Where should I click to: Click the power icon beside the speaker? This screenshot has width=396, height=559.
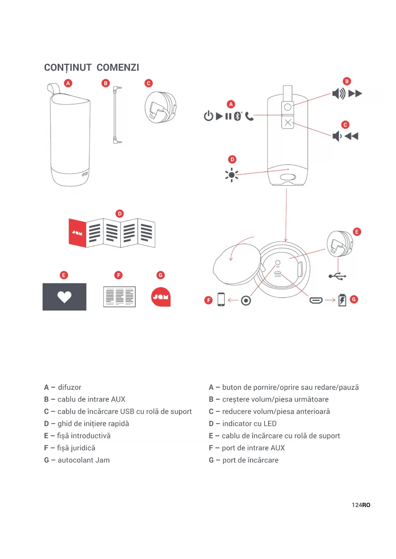click(208, 116)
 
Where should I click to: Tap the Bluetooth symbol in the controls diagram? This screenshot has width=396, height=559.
click(237, 116)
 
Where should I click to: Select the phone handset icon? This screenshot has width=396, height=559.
click(249, 117)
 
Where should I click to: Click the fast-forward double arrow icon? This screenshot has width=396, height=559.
click(355, 94)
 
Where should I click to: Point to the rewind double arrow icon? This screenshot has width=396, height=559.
click(351, 136)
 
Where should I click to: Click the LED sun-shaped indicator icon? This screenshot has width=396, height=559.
click(232, 175)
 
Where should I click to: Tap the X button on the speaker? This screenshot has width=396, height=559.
click(288, 122)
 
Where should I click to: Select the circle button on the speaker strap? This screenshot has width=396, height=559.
click(288, 107)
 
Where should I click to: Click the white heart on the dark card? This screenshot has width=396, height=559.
click(64, 297)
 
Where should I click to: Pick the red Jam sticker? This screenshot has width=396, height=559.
click(161, 297)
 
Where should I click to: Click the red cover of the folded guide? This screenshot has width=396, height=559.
click(78, 233)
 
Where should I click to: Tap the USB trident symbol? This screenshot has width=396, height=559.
click(338, 276)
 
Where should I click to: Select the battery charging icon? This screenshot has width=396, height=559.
click(342, 300)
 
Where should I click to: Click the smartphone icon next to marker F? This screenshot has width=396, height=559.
click(221, 300)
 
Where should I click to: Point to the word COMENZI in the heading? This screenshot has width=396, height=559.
click(118, 68)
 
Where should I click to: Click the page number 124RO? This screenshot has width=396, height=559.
click(361, 505)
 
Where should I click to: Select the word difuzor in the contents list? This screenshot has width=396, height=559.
click(70, 387)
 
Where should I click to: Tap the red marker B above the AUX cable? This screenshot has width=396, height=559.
click(106, 83)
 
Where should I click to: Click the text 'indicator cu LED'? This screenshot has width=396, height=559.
click(249, 424)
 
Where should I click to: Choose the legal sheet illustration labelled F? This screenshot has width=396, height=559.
click(119, 297)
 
